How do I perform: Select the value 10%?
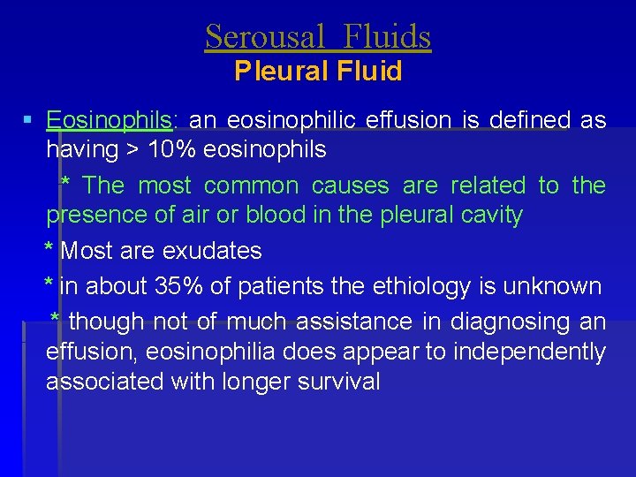tap(172, 149)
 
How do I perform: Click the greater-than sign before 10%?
tap(132, 149)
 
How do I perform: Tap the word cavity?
tap(488, 215)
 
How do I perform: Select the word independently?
tap(529, 352)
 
